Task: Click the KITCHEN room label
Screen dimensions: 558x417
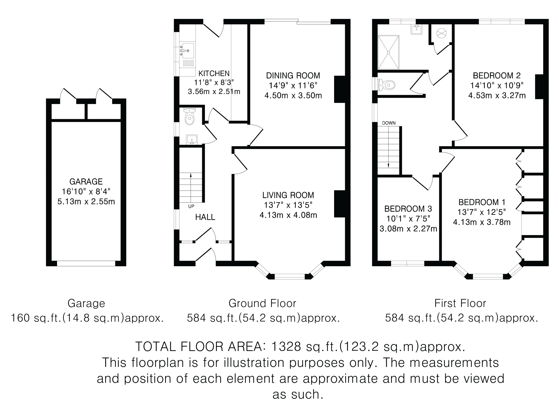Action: (214, 73)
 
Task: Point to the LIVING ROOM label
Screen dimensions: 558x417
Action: (288, 195)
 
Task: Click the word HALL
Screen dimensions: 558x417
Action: (205, 217)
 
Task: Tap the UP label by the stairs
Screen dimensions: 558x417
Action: (191, 206)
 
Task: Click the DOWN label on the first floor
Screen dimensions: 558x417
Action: (389, 123)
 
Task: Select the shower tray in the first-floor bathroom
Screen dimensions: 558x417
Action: (389, 52)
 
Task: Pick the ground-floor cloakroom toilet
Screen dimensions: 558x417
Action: (189, 116)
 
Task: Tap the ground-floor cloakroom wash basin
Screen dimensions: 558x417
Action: (192, 140)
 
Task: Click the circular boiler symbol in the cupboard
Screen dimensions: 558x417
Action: (442, 33)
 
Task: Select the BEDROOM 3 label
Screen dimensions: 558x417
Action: (408, 209)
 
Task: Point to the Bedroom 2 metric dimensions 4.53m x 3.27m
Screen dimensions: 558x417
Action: (497, 95)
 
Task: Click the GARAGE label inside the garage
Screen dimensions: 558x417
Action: (86, 182)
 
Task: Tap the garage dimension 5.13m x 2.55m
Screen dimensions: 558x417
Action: (86, 202)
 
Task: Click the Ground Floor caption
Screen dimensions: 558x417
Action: (262, 303)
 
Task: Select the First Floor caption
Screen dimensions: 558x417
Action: (460, 303)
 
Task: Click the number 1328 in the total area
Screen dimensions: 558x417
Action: (286, 346)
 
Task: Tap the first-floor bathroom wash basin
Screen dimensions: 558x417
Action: (417, 29)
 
